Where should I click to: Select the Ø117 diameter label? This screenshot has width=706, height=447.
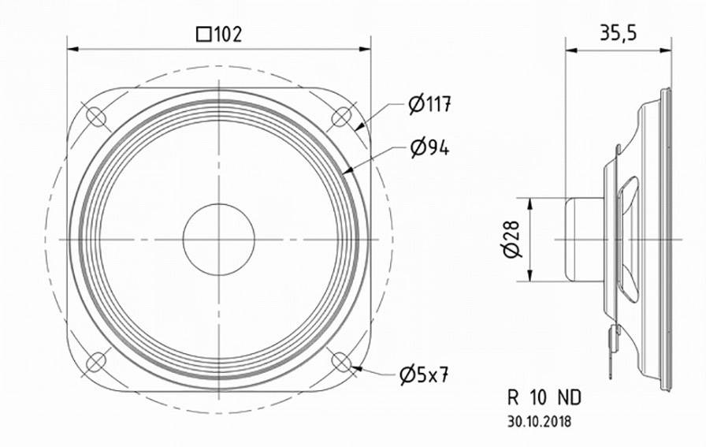coord(429,103)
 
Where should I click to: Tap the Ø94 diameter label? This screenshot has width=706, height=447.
coord(429,147)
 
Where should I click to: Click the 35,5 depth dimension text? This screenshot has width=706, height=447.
coord(618,32)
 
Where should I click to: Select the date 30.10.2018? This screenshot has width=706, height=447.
coord(541,422)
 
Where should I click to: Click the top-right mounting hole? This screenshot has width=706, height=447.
coord(340,117)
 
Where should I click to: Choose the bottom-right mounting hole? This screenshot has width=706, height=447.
coord(340,362)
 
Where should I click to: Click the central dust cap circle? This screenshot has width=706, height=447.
coord(218,239)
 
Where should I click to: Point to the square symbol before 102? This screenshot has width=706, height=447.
coord(203,34)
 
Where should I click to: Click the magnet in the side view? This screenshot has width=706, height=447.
coord(583,239)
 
